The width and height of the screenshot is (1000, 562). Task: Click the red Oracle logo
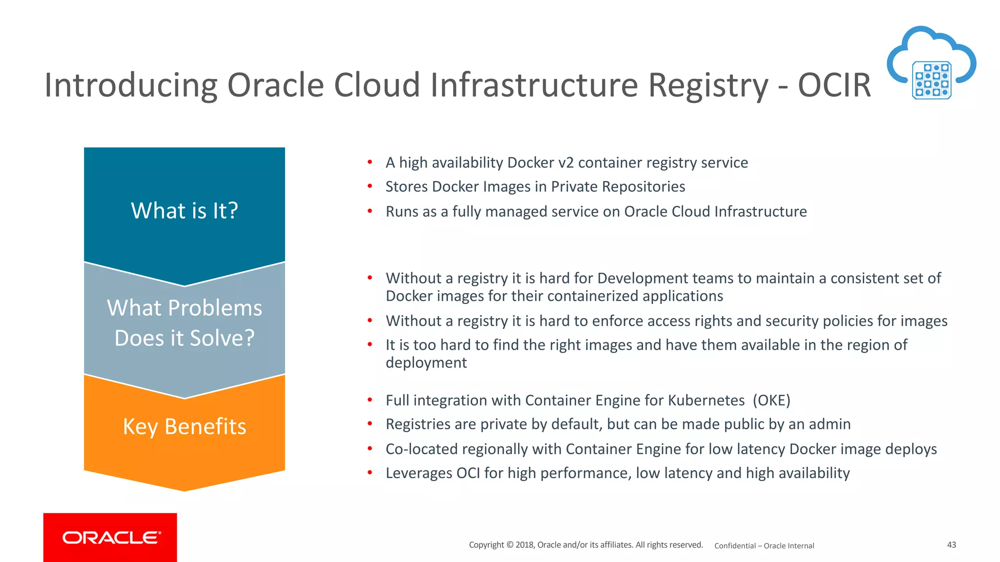[110, 537]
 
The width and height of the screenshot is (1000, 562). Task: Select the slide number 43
[951, 545]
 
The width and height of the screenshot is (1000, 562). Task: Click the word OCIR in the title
[834, 85]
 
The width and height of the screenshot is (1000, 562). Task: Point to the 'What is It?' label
[185, 211]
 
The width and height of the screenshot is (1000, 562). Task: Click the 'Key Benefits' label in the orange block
[185, 426]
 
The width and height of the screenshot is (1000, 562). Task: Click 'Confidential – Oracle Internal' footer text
[764, 546]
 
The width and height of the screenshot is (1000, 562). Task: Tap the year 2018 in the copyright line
[524, 545]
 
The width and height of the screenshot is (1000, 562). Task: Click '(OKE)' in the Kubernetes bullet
[771, 401]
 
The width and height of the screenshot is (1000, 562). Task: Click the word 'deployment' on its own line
[426, 363]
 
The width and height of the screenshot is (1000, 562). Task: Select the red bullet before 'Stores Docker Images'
[370, 186]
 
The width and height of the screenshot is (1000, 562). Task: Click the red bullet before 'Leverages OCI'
[370, 472]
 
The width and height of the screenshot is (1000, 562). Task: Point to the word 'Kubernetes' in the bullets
[706, 401]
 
